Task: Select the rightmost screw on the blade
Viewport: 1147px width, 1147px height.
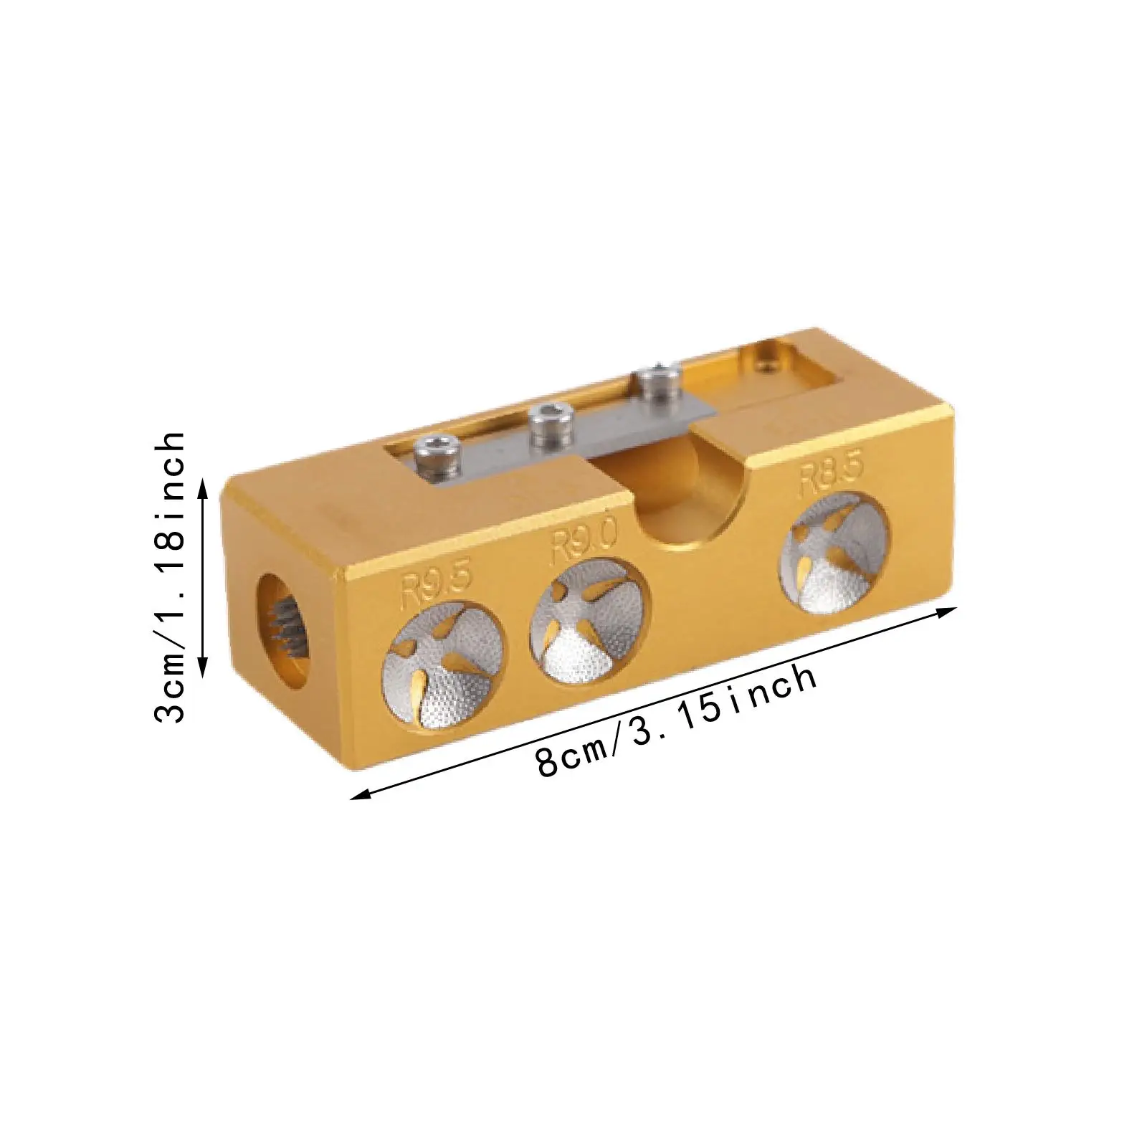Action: tap(653, 387)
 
